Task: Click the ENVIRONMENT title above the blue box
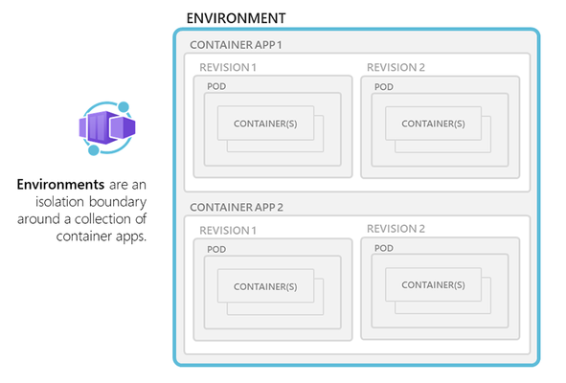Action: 236,18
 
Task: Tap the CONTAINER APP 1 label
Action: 236,45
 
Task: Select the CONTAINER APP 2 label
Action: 237,207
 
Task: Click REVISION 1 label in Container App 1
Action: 228,67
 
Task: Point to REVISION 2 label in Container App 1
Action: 396,67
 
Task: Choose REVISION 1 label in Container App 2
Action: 228,231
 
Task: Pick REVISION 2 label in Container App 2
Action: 396,229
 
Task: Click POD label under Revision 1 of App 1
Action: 216,86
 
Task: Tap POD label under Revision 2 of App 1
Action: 384,87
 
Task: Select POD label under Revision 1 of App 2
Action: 216,250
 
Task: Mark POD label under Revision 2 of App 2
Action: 384,248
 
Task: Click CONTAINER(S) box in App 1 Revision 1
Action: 265,124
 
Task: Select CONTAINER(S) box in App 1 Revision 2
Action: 433,124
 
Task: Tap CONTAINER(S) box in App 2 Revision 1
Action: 265,286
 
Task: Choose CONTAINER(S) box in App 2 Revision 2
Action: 433,284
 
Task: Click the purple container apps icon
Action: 107,128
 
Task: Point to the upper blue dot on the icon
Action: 124,107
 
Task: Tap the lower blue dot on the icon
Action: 94,150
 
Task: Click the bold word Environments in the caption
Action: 60,185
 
